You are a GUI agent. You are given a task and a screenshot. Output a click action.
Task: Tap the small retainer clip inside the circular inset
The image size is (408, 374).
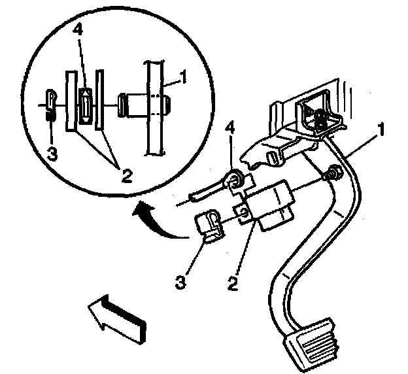tap(50, 104)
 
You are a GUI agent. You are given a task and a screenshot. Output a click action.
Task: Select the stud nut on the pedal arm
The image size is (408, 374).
tap(331, 174)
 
